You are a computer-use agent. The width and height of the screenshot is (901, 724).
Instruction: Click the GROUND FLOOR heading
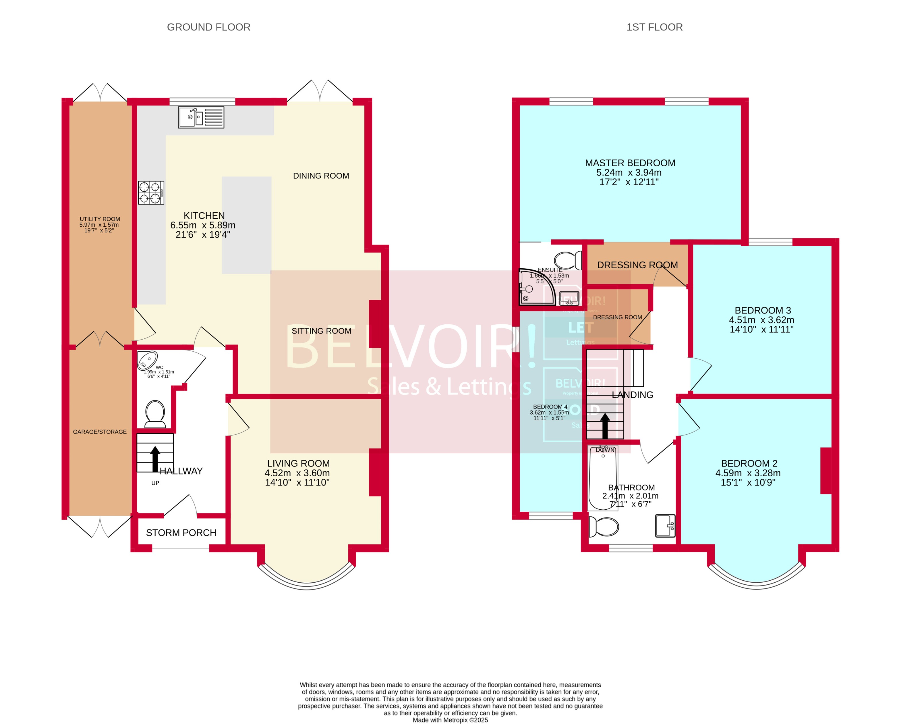point(208,27)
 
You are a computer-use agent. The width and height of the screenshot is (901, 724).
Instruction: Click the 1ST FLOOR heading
point(654,27)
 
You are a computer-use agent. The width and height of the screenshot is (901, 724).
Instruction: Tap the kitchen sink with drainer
point(201,117)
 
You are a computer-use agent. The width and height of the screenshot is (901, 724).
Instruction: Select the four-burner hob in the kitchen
point(151,192)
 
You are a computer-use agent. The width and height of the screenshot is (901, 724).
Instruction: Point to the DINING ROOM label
point(321,176)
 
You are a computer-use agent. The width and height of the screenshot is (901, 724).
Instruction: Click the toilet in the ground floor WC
point(155,413)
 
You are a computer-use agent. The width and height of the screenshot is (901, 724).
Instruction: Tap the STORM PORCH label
point(181,532)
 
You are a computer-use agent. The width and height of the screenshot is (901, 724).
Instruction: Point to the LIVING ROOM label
point(298,463)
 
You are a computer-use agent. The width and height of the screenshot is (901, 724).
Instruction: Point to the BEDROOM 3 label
point(762,310)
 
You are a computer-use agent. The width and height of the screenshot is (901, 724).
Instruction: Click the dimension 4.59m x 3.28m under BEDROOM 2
point(748,473)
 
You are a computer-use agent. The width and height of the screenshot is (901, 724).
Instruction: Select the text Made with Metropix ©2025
point(450,720)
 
